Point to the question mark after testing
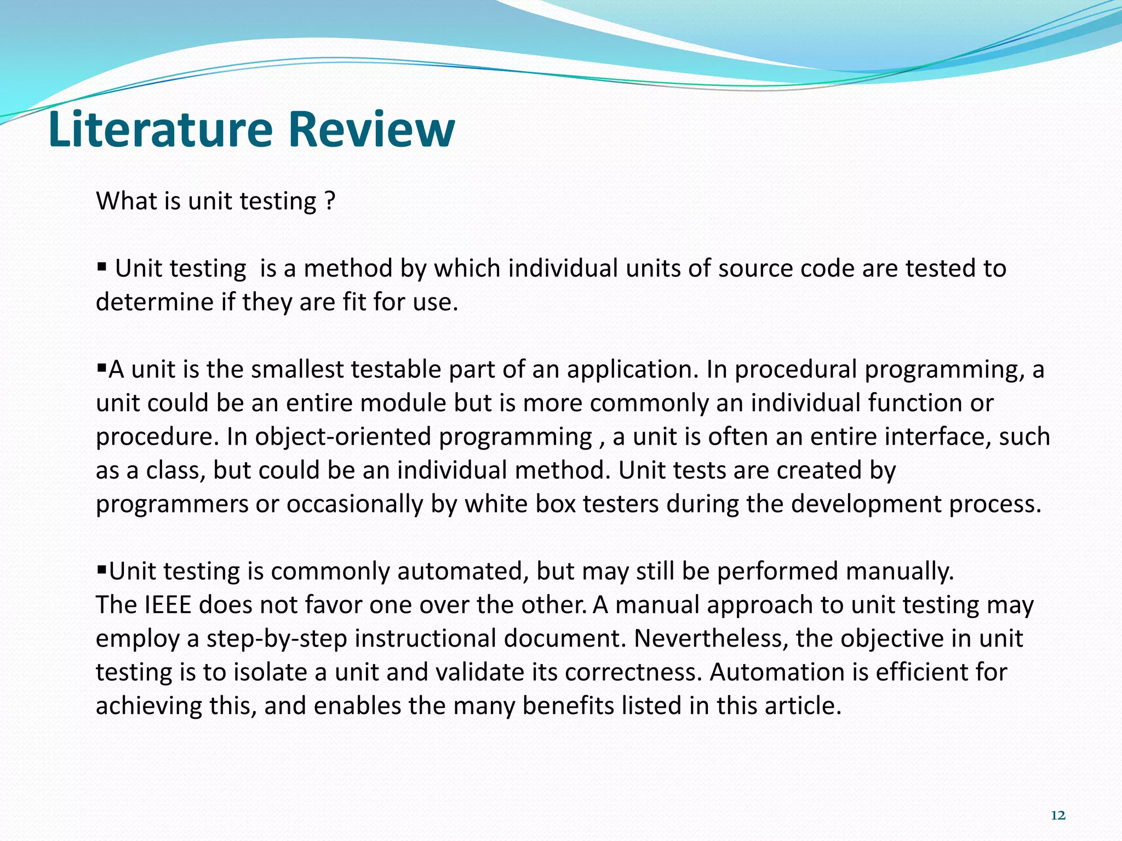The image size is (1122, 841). (x=329, y=201)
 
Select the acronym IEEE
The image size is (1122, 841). (x=168, y=605)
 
